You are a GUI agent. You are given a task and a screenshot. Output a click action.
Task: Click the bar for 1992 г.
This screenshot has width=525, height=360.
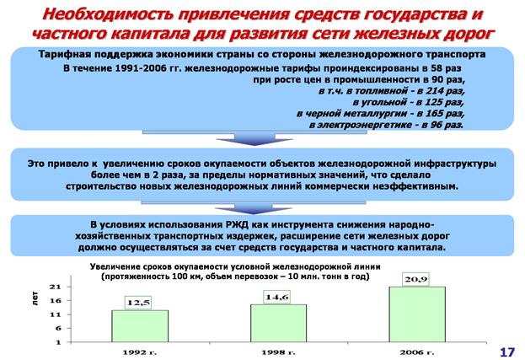[140, 326]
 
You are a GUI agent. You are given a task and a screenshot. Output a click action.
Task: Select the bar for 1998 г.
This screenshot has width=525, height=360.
[279, 323]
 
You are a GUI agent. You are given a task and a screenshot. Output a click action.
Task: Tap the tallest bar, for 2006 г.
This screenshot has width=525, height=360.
[417, 314]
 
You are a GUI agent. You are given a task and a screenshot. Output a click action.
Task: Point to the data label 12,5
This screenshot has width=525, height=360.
[138, 303]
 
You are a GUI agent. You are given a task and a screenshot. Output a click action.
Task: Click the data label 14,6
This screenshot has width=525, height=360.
[277, 297]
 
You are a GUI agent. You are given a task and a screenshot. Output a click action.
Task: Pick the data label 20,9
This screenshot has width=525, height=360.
[415, 279]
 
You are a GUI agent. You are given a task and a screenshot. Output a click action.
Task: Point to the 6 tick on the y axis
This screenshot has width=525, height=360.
[59, 329]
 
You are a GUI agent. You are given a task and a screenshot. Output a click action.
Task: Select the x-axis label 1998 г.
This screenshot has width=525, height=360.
[278, 352]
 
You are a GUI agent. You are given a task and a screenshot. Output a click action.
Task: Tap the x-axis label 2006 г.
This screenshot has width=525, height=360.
[417, 352]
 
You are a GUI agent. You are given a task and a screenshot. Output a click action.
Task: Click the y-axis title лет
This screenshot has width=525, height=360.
[35, 298]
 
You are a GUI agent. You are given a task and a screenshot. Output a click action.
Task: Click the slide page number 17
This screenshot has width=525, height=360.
[507, 352]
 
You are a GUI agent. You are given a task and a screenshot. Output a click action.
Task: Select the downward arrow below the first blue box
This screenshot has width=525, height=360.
[254, 138]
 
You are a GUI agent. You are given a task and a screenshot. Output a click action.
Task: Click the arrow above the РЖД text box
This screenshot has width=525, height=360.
[254, 207]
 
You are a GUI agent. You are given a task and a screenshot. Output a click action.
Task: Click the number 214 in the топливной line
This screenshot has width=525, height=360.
[434, 91]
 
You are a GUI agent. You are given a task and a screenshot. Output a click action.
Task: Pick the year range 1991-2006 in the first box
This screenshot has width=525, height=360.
[141, 68]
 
